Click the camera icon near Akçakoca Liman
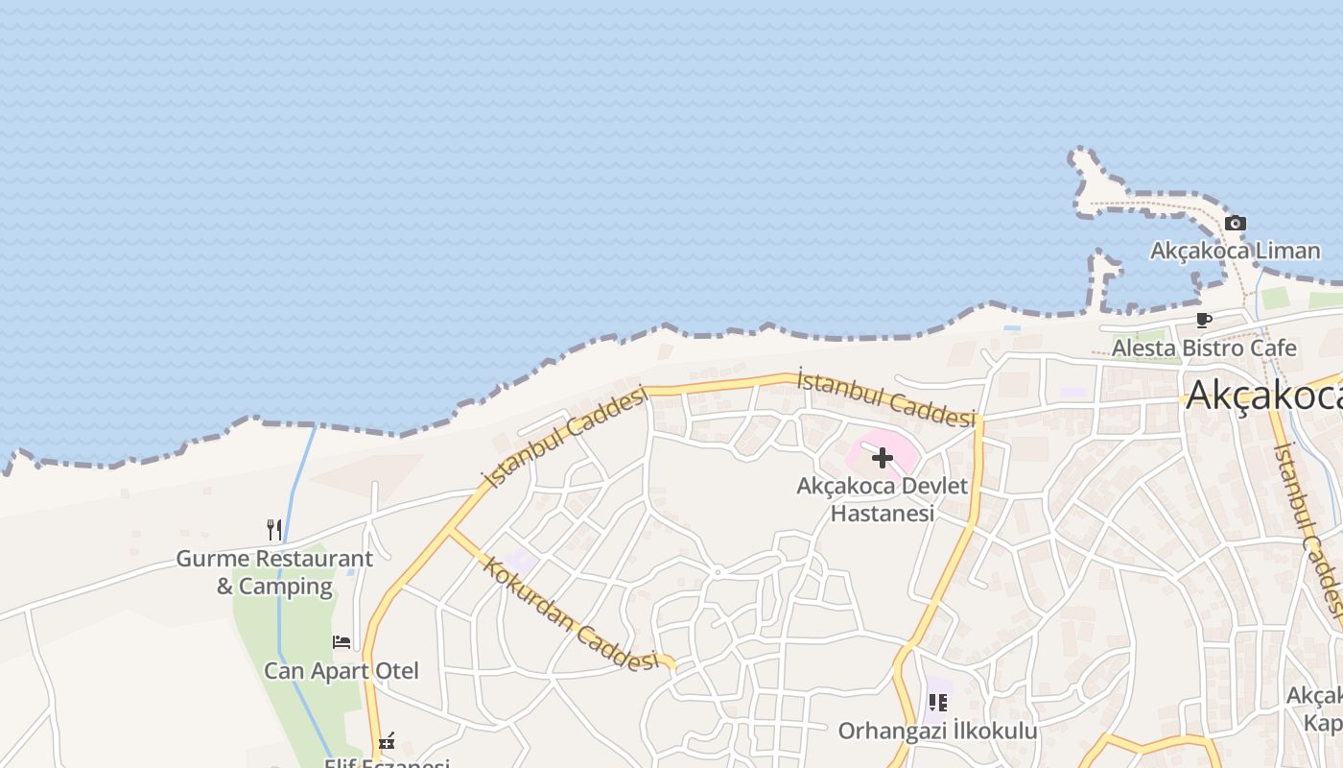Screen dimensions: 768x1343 pyautogui.click(x=1236, y=224)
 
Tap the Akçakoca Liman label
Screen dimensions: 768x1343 pyautogui.click(x=1236, y=252)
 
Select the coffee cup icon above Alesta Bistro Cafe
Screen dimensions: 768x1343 pyautogui.click(x=1203, y=321)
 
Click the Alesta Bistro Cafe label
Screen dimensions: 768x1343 pyautogui.click(x=1204, y=348)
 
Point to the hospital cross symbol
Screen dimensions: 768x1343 pyautogui.click(x=883, y=458)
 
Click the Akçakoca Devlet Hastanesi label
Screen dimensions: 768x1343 pyautogui.click(x=883, y=499)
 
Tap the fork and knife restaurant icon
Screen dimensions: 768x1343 pyautogui.click(x=274, y=529)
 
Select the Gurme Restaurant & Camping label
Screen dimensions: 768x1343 pyautogui.click(x=274, y=572)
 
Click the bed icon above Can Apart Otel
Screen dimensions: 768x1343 pyautogui.click(x=342, y=642)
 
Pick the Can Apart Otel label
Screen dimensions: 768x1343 pyautogui.click(x=342, y=670)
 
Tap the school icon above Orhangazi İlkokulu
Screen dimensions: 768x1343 pyautogui.click(x=937, y=703)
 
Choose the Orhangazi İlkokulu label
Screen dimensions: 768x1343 pyautogui.click(x=937, y=732)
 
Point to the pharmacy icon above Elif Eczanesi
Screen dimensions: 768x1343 pyautogui.click(x=387, y=741)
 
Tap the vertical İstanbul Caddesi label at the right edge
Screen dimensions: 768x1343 pyautogui.click(x=1307, y=528)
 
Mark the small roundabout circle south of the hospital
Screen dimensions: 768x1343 pyautogui.click(x=717, y=572)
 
